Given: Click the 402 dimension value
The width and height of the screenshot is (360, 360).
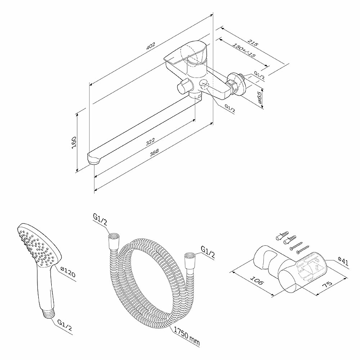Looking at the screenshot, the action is [x=151, y=46].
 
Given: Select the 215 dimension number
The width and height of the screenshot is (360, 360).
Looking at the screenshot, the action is [x=253, y=43].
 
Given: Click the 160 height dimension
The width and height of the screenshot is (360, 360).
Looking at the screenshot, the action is [x=74, y=142].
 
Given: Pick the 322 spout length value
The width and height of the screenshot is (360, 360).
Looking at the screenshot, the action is [x=150, y=142].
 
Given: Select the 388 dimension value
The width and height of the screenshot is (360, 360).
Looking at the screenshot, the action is [x=154, y=153].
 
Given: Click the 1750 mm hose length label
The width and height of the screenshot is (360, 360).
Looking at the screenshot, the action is [x=186, y=336].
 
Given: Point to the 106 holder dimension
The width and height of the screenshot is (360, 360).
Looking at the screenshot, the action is [x=256, y=280].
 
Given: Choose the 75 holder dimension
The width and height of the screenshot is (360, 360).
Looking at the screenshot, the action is [x=327, y=284].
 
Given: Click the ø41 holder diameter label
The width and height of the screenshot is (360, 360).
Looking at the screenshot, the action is [x=343, y=261].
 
